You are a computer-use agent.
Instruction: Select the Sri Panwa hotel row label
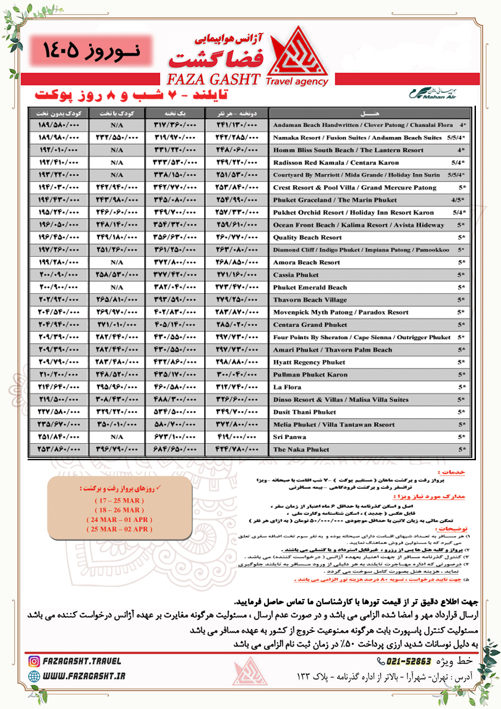[289, 437]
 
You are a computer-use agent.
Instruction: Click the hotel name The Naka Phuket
[301, 450]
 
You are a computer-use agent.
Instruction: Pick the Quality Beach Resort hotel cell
[307, 237]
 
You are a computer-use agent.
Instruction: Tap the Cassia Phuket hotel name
[296, 275]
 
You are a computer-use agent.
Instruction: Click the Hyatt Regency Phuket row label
[309, 362]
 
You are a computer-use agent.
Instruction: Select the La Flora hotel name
[287, 388]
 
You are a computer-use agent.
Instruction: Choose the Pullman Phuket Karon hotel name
[310, 375]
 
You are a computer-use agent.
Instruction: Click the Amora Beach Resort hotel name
[307, 262]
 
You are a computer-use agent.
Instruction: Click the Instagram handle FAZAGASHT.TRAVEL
[82, 661]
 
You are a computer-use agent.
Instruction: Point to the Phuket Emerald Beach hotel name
[310, 287]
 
